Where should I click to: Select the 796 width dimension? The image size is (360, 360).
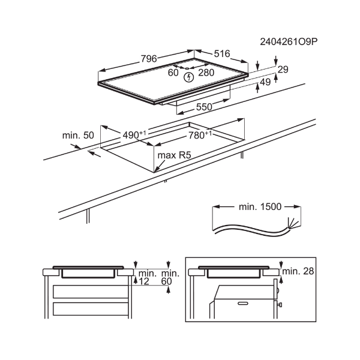(x=149, y=59)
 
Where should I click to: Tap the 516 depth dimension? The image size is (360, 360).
(x=221, y=54)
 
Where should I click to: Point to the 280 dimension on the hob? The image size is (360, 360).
(x=206, y=73)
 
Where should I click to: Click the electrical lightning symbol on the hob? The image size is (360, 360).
(x=188, y=77)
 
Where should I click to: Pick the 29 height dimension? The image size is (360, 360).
(x=283, y=70)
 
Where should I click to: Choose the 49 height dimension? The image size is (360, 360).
(x=266, y=82)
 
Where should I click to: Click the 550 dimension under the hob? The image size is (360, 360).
(x=205, y=107)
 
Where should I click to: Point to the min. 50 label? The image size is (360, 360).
(x=78, y=136)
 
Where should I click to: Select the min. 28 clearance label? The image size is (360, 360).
(x=298, y=272)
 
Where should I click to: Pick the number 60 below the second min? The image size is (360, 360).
(x=166, y=281)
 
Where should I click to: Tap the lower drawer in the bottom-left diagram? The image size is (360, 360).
(x=90, y=309)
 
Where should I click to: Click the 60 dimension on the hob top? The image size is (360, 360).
(x=173, y=73)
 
